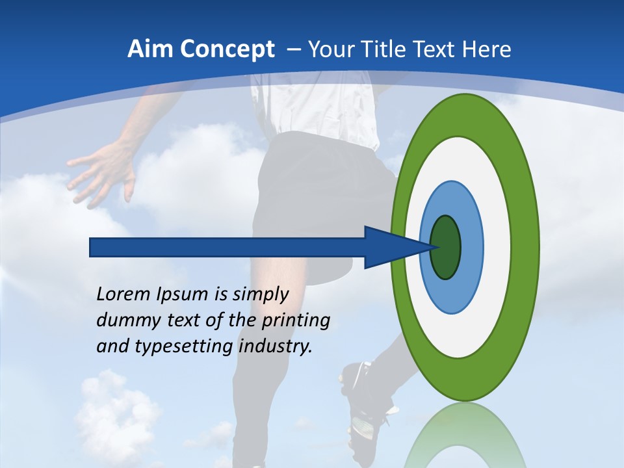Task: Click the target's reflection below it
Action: (464, 435)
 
